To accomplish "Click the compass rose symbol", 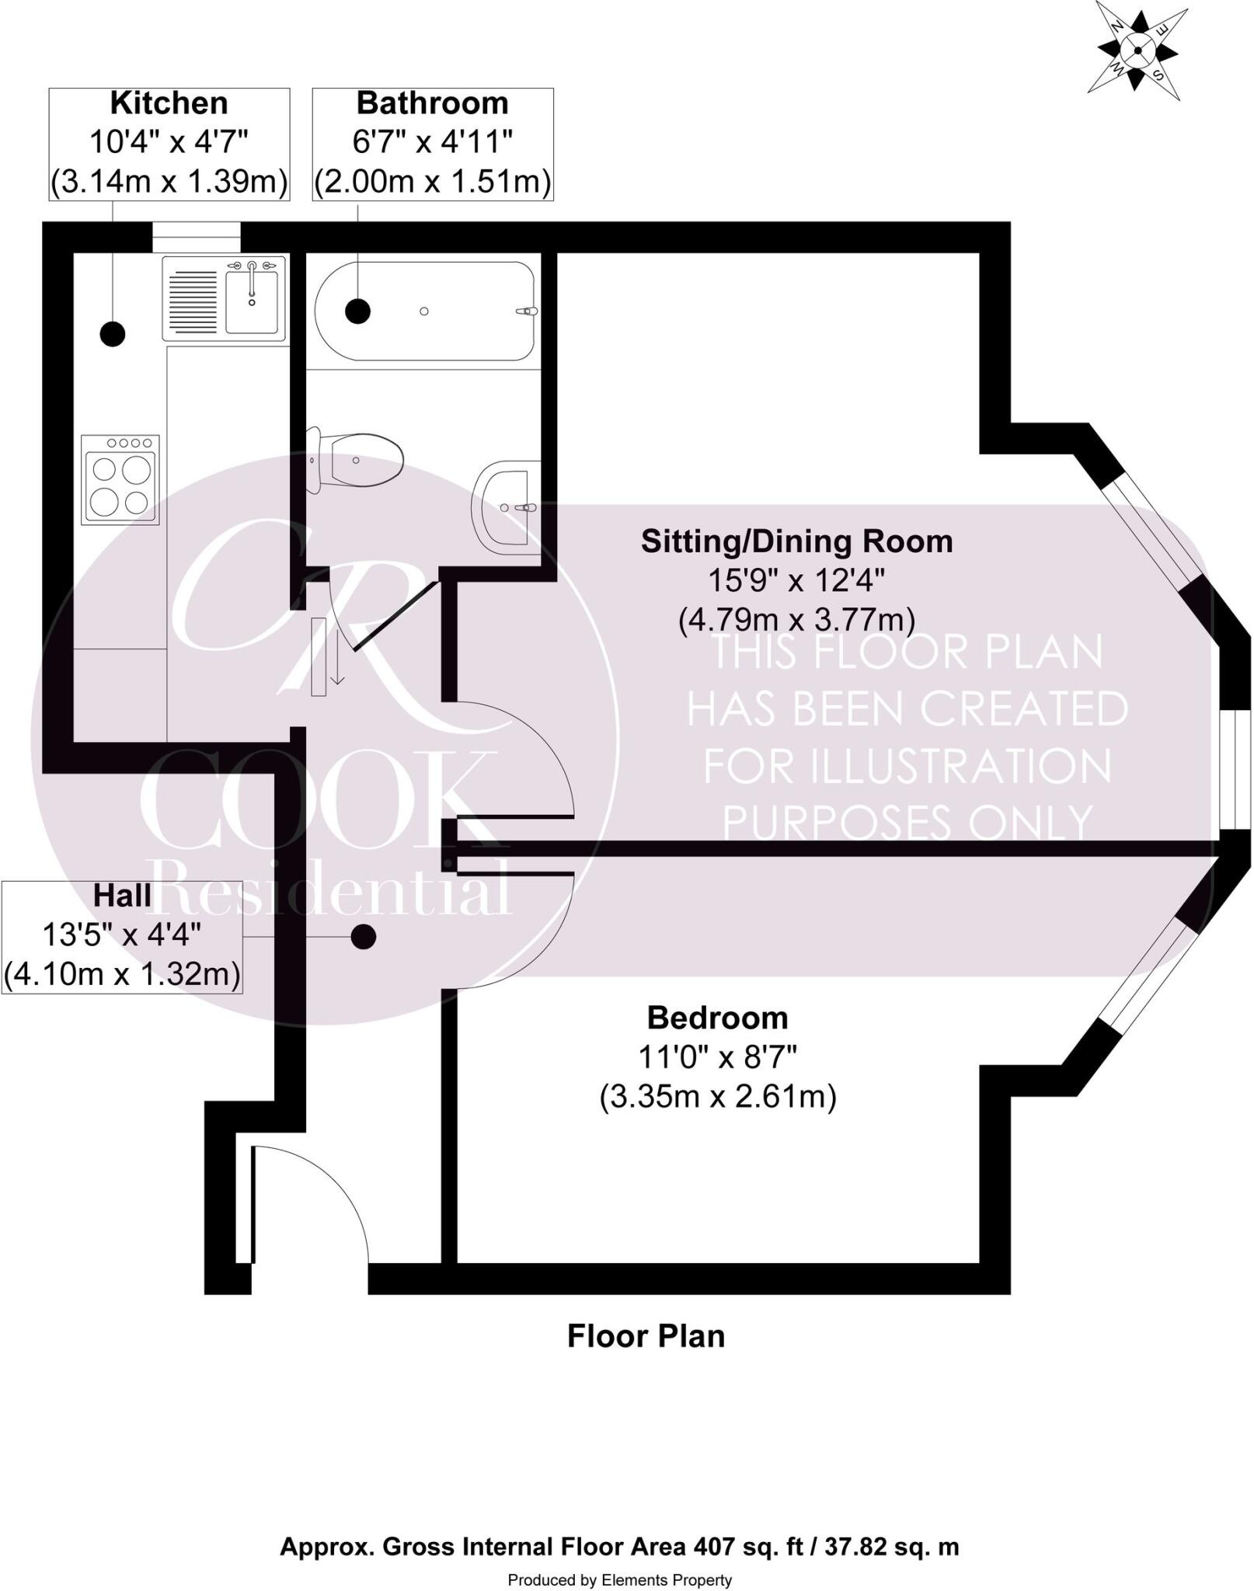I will click(x=1137, y=50).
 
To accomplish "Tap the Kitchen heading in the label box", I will click(x=169, y=103).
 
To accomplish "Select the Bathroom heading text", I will click(x=432, y=103).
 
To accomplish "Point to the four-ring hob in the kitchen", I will click(x=120, y=479).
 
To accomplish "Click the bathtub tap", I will click(x=527, y=312).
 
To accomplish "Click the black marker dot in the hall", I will click(x=363, y=937).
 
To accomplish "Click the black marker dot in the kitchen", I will click(x=113, y=334).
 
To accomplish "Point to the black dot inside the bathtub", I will click(x=357, y=311).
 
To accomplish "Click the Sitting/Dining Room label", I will click(x=796, y=541).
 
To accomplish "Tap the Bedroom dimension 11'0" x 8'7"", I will click(x=717, y=1057).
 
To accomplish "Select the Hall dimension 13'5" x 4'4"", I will click(x=121, y=935).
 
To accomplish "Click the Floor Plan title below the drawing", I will click(x=646, y=1336).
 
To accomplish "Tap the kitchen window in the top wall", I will click(x=196, y=237).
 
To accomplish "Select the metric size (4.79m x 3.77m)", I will click(x=796, y=620).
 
